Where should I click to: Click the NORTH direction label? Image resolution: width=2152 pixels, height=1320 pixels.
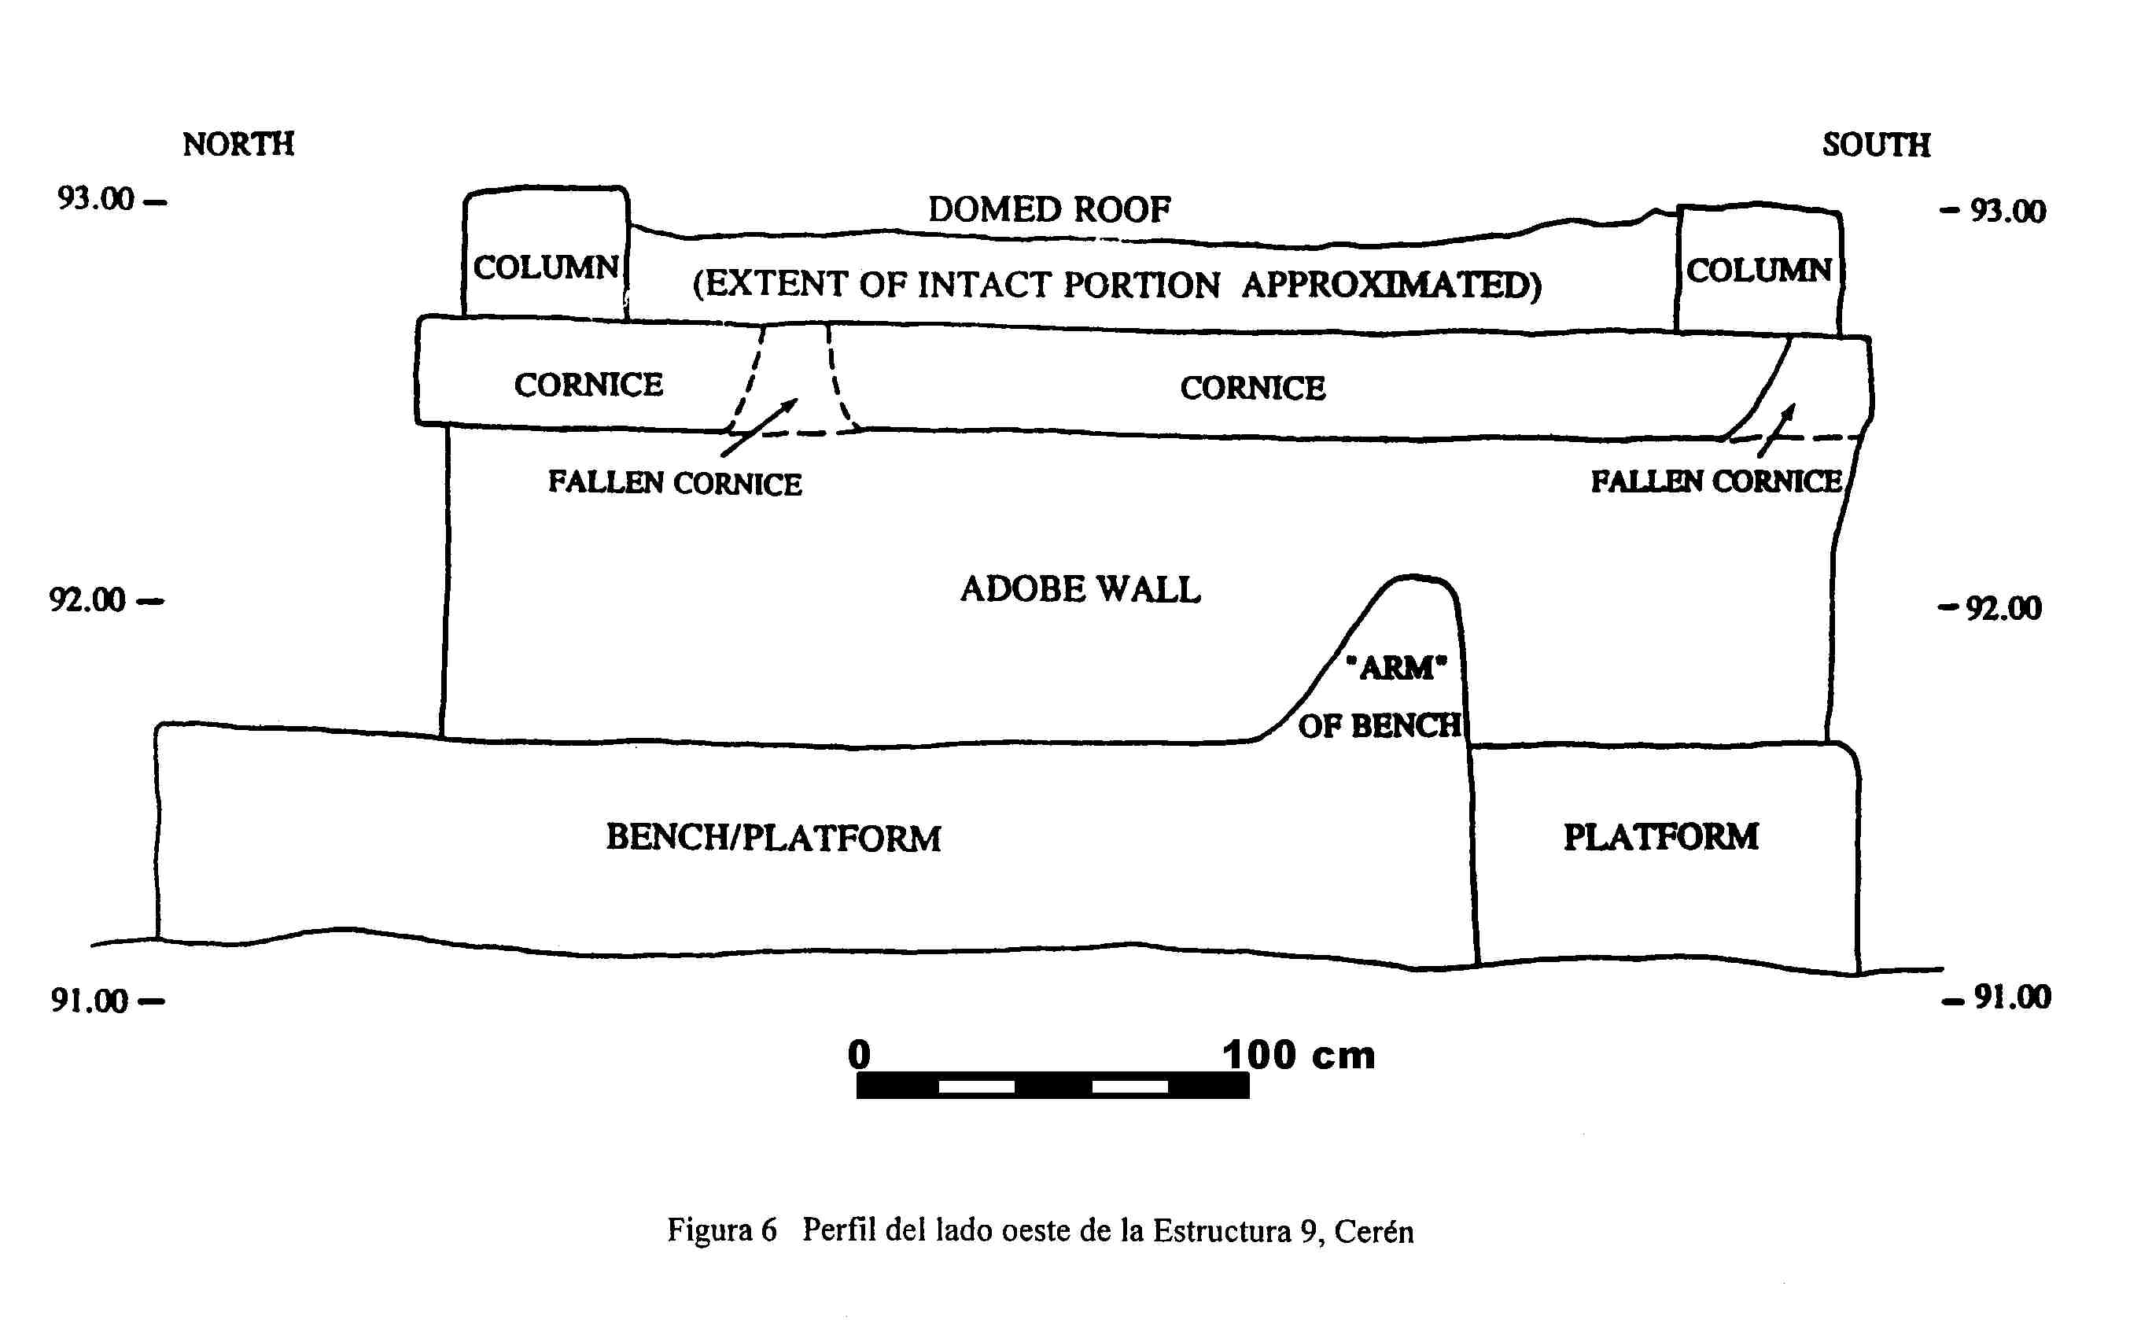click(x=238, y=144)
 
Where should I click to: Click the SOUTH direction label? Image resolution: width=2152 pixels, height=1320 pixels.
click(x=1876, y=145)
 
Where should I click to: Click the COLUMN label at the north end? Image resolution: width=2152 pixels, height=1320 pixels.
click(x=546, y=267)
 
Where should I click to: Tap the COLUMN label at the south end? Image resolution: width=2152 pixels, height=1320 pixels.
click(x=1758, y=271)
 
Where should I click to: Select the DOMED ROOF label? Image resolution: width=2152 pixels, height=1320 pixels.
click(x=1049, y=210)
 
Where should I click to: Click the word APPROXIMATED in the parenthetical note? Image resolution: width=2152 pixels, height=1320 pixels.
click(x=1391, y=285)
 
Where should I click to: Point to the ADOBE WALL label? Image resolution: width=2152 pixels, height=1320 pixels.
click(x=1081, y=590)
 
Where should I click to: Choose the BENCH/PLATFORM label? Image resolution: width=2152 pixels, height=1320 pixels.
click(x=774, y=838)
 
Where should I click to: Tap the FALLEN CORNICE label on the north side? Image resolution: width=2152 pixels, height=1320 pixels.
click(x=674, y=483)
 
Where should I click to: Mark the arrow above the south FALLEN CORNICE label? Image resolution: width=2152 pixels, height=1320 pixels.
click(x=1778, y=429)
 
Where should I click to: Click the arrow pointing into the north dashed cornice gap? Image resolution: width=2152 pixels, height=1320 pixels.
click(x=759, y=427)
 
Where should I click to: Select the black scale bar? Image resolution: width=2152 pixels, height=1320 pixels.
click(x=1052, y=1085)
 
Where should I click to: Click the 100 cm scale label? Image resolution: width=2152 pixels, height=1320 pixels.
click(x=1299, y=1056)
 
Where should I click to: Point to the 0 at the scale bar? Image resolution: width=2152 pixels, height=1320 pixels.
click(x=859, y=1054)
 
